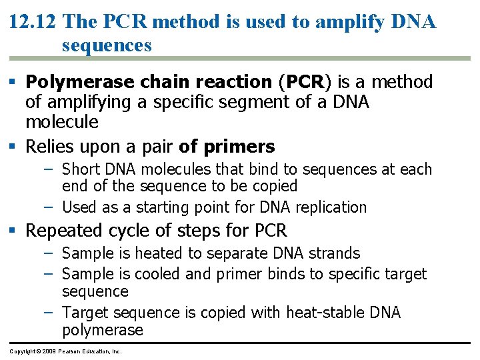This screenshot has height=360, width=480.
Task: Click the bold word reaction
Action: [229, 83]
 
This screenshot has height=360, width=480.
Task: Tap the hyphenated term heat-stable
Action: [325, 313]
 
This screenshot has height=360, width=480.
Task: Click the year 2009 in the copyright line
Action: [45, 351]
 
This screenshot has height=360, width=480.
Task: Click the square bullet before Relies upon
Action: [15, 146]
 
